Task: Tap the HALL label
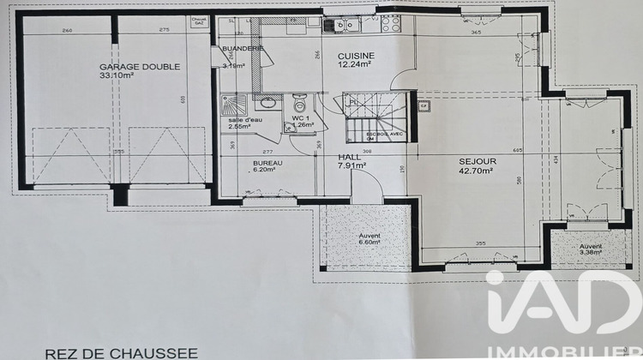pos(349,157)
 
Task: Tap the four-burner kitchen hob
pos(390,24)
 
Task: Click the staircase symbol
pos(376,117)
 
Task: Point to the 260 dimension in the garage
pos(66,30)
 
